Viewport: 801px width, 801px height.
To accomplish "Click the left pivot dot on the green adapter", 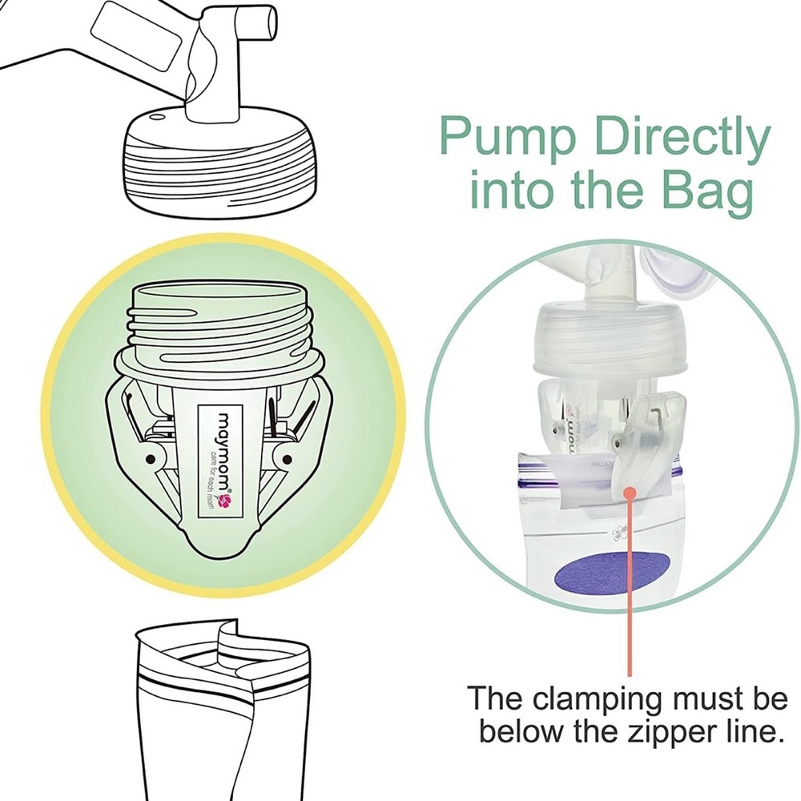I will [151, 459].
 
